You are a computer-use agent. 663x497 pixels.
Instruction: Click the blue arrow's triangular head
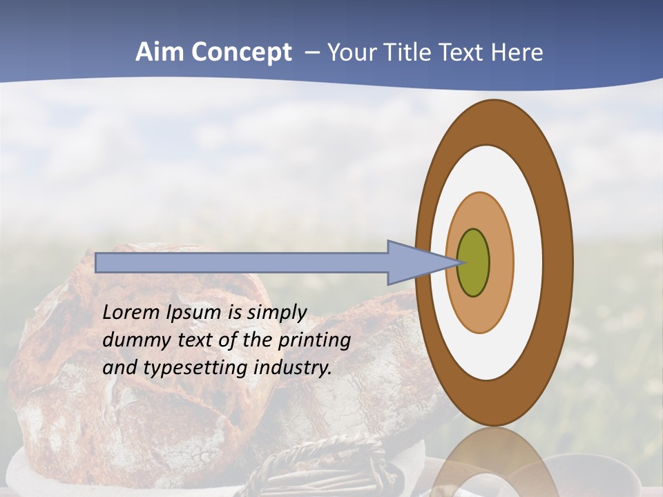coord(414,263)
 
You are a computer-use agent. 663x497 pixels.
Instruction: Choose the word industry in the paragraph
coord(293,368)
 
